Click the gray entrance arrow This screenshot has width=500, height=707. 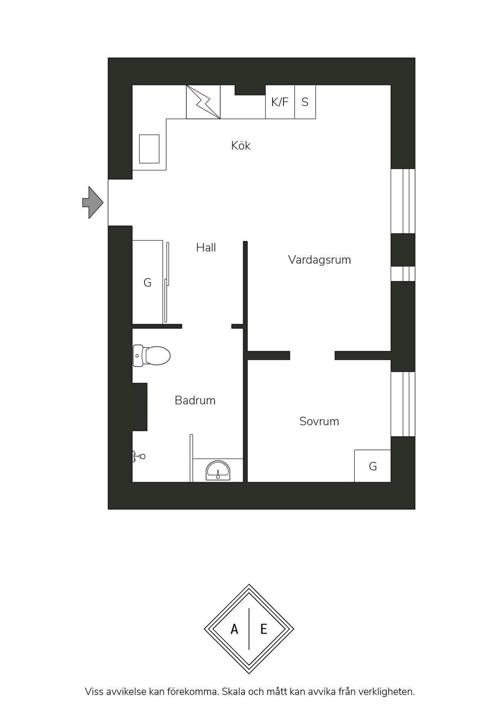pyautogui.click(x=93, y=202)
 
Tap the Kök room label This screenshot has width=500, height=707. pyautogui.click(x=241, y=146)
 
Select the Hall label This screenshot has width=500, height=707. pyautogui.click(x=206, y=247)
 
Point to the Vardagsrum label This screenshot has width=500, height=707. pyautogui.click(x=319, y=260)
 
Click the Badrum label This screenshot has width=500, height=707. pyautogui.click(x=195, y=400)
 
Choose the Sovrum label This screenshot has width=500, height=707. pyautogui.click(x=319, y=421)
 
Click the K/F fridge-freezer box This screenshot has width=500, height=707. pyautogui.click(x=280, y=102)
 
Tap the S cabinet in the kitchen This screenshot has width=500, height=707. pyautogui.click(x=305, y=102)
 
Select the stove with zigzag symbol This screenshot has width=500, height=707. pyautogui.click(x=203, y=102)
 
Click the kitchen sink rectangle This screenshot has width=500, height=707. pyautogui.click(x=149, y=149)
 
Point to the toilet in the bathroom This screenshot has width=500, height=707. pyautogui.click(x=152, y=356)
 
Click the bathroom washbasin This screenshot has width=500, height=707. pyautogui.click(x=218, y=471)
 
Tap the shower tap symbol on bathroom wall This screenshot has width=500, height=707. pyautogui.click(x=139, y=456)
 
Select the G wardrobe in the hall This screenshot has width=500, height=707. pyautogui.click(x=148, y=282)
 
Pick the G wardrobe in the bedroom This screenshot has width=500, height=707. pyautogui.click(x=373, y=466)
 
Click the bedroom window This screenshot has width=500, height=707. pyautogui.click(x=403, y=404)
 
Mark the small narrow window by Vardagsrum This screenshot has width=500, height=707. pyautogui.click(x=403, y=274)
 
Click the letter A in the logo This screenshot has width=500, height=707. pyautogui.click(x=234, y=629)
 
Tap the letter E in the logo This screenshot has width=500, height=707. pyautogui.click(x=264, y=629)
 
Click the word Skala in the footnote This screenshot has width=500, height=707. pyautogui.click(x=234, y=692)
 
